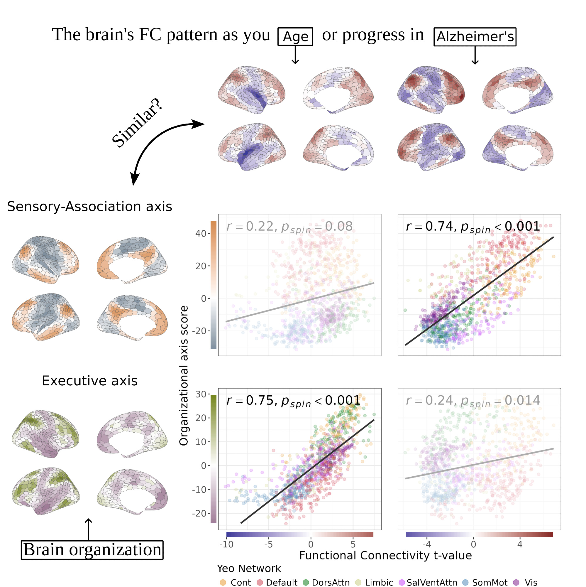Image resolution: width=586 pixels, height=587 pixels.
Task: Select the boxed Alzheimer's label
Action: (475, 37)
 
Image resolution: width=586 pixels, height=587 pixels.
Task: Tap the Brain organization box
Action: (92, 550)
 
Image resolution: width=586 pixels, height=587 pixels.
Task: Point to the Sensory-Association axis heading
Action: (89, 207)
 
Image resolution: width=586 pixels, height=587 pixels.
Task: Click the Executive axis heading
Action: (89, 381)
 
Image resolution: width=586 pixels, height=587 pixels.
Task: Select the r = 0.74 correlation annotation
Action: (472, 227)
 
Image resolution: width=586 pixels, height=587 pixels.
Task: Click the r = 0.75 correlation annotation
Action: (293, 401)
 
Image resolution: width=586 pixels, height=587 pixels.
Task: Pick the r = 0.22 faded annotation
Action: (289, 227)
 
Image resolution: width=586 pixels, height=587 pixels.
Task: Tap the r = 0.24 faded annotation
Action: (473, 401)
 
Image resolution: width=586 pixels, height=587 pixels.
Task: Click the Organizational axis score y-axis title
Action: (184, 376)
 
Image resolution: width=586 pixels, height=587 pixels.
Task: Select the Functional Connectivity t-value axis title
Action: (385, 555)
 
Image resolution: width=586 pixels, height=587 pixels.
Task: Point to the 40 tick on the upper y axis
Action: (201, 234)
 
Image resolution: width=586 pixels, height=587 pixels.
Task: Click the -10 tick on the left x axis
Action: (226, 544)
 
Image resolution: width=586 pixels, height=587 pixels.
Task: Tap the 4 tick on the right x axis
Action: (520, 544)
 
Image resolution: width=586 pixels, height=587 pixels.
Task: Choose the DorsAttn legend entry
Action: (326, 582)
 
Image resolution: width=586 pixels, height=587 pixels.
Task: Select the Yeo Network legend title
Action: (249, 569)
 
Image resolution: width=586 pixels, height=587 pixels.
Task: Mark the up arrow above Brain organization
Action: (88, 529)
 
